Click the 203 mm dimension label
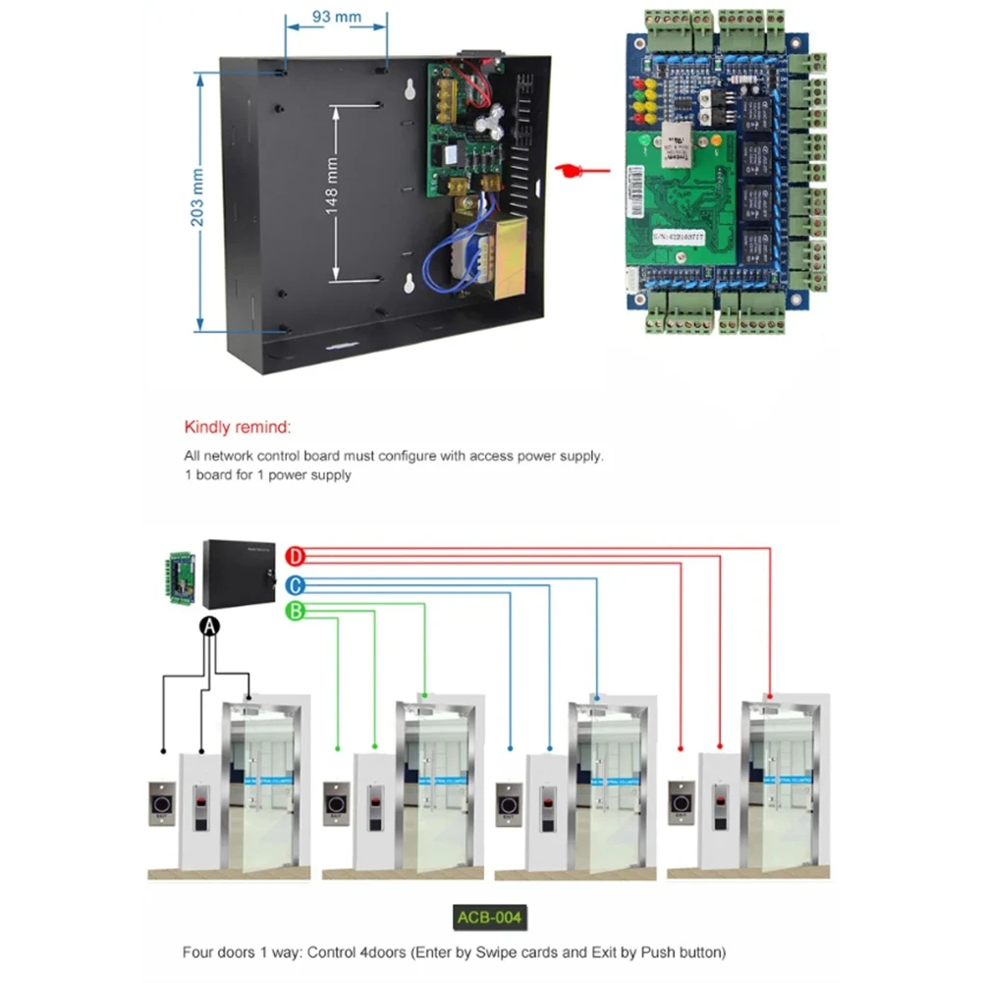(197, 198)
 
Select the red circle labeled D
(296, 558)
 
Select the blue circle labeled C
(296, 586)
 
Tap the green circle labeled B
(296, 612)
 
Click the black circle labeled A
(209, 628)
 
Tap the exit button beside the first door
(162, 802)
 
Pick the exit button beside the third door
(509, 804)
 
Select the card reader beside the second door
(375, 808)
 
